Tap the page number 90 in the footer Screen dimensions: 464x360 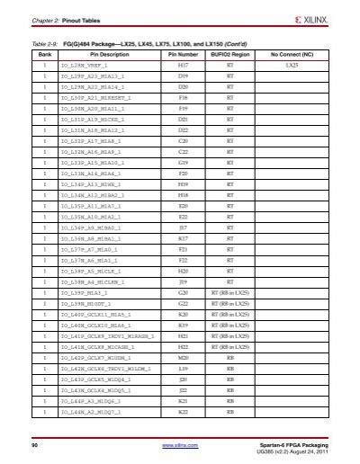tap(34, 445)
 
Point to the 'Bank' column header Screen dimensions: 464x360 tap(42, 54)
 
